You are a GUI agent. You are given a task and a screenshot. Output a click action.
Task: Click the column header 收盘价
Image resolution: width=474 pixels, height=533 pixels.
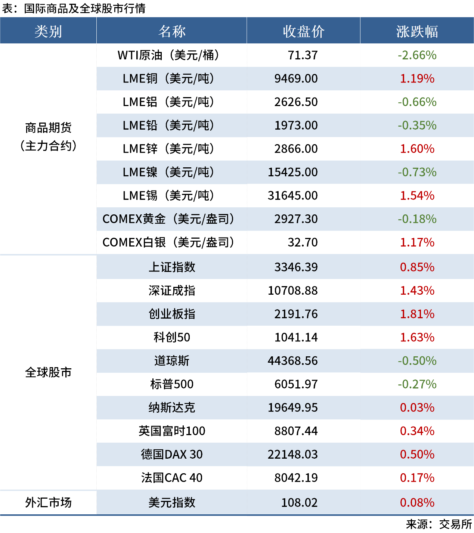(x=303, y=31)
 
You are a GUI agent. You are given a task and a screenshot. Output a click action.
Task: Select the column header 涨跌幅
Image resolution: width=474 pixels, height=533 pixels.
(x=417, y=31)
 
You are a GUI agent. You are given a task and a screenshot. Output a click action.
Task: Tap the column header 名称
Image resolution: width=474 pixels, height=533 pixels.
(x=172, y=31)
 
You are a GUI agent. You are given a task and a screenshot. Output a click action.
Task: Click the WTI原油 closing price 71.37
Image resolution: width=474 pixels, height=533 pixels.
(x=303, y=55)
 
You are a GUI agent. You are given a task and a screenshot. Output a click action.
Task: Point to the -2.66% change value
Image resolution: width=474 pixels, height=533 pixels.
(x=417, y=55)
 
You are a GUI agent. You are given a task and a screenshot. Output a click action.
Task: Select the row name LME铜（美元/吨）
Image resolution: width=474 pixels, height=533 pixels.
(x=168, y=79)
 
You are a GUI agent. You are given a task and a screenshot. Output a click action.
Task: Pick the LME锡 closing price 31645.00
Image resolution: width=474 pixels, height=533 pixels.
(x=292, y=196)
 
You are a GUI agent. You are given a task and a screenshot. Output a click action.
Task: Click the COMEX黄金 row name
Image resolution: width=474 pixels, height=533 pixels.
(x=168, y=219)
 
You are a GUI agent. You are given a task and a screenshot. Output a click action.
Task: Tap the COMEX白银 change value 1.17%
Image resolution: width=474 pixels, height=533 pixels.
(x=417, y=243)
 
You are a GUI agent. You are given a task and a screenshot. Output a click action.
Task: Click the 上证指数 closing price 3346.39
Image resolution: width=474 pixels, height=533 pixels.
(x=296, y=267)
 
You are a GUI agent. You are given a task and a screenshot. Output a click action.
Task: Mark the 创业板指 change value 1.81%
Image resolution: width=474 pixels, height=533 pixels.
(x=417, y=314)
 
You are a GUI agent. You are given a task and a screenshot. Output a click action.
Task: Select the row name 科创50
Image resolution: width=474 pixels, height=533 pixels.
(x=172, y=338)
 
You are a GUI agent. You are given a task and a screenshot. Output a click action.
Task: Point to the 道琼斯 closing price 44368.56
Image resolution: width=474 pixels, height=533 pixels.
(x=292, y=361)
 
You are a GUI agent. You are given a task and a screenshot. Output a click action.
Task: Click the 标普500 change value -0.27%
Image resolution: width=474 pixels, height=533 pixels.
(x=417, y=384)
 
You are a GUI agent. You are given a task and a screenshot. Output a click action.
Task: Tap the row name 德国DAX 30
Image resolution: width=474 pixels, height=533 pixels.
(x=172, y=455)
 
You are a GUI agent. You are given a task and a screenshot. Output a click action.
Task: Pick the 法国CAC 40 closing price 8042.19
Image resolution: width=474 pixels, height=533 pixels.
(x=296, y=478)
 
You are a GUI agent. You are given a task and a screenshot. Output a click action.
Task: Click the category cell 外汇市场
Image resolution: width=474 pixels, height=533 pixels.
(x=48, y=503)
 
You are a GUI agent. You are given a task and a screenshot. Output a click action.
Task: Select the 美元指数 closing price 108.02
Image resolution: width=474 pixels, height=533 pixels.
(x=299, y=503)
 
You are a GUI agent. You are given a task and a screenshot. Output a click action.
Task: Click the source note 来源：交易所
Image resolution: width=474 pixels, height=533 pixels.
(x=439, y=524)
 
